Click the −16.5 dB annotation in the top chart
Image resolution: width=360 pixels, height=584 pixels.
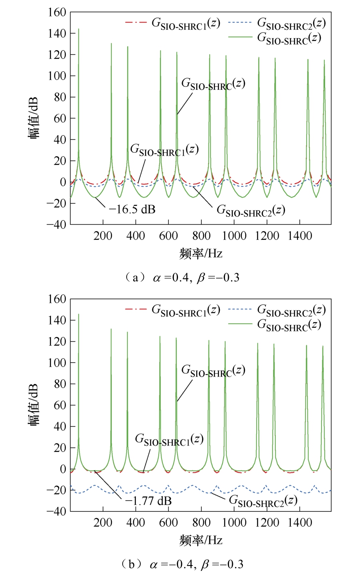(x=132, y=209)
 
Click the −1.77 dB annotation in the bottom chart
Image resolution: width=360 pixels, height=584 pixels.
(x=148, y=501)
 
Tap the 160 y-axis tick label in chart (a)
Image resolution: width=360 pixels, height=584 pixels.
(x=57, y=12)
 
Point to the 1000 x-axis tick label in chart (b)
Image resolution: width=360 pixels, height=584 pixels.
(x=234, y=522)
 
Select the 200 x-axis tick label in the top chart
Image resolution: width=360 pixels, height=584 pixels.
(x=103, y=236)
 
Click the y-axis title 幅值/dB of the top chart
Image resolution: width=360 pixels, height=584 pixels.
(x=34, y=118)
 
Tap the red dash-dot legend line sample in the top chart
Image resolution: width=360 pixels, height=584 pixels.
(x=136, y=22)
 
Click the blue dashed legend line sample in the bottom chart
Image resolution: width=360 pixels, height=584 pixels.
(x=240, y=309)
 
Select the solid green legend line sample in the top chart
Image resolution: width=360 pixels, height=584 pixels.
(x=240, y=37)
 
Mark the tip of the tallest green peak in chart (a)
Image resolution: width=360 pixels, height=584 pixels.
(x=79, y=29)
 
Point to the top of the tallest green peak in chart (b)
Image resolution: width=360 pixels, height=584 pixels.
(x=79, y=314)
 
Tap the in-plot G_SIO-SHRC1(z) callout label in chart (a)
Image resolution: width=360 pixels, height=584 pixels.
(x=164, y=150)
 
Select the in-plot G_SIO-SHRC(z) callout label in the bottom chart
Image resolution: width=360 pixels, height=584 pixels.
(x=213, y=371)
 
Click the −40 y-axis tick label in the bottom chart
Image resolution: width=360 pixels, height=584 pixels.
(x=57, y=511)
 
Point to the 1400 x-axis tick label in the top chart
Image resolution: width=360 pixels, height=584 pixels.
(x=300, y=236)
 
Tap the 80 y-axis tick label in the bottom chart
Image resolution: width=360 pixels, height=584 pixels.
(x=60, y=384)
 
